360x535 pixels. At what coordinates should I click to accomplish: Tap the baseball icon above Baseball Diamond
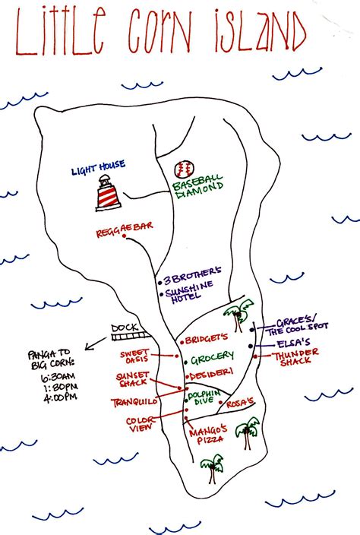(183, 169)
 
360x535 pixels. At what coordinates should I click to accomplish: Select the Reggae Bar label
(119, 233)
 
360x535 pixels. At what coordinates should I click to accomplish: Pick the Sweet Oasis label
(135, 356)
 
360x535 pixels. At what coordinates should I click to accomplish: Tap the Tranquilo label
(134, 400)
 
